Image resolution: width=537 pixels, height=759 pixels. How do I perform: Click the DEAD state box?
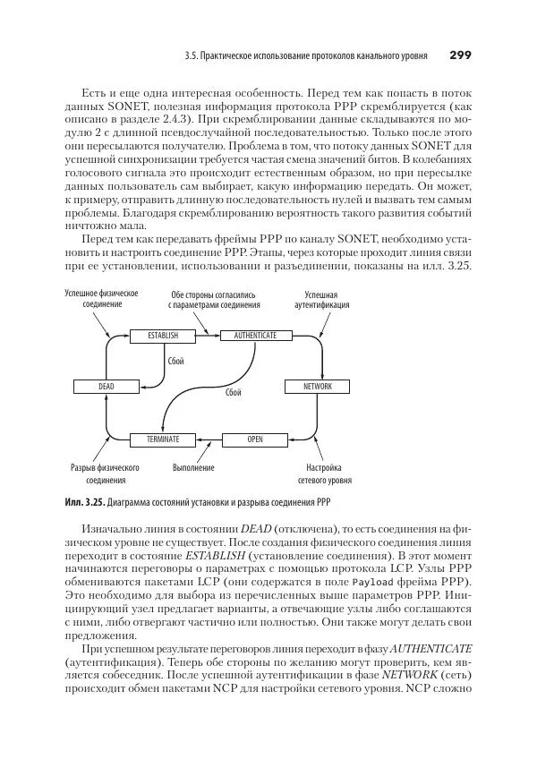point(106,387)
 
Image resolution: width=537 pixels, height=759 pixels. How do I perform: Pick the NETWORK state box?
point(317,387)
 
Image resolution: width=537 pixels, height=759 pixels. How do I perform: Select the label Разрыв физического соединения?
point(106,473)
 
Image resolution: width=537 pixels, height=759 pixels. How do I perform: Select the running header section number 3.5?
point(190,55)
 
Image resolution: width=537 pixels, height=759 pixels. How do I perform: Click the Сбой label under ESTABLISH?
point(175,361)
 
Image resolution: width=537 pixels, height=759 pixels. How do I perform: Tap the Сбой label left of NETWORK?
point(234,392)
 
